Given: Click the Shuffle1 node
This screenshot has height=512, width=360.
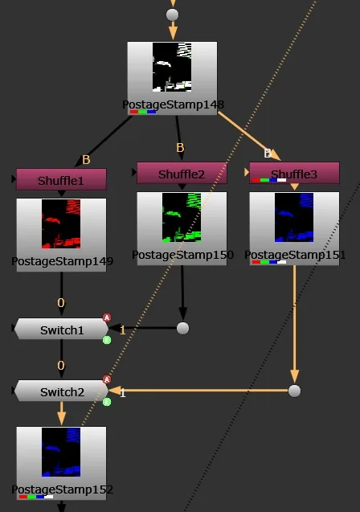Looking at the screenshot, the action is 61,179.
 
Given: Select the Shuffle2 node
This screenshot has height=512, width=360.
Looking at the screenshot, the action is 182,173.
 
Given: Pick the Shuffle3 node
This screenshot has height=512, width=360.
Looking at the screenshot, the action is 294,173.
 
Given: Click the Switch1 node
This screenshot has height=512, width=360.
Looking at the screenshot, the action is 61,329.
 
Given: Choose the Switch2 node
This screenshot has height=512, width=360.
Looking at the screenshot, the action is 61,391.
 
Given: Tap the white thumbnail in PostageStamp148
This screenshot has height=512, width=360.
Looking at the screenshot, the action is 172,67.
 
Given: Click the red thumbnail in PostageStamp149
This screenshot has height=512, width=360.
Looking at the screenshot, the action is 61,224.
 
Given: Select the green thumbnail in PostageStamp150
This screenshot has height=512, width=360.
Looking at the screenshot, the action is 182,218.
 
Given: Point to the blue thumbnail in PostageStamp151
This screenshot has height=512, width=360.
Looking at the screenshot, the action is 294,218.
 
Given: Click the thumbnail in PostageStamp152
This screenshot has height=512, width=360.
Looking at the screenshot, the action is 61,452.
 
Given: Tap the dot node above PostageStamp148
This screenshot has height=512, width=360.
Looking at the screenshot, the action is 172,14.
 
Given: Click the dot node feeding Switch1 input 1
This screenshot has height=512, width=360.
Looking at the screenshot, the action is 182,328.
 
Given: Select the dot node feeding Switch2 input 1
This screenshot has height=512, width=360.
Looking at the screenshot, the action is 294,391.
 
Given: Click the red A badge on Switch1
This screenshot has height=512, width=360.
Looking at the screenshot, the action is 107,317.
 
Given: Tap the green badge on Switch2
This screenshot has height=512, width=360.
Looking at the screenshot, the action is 107,402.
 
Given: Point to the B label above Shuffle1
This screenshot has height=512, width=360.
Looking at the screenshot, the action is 86,160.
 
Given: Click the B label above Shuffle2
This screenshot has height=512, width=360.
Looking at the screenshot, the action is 180,148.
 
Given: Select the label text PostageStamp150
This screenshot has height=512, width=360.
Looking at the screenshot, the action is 182,255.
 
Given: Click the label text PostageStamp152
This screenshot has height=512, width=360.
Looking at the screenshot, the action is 63,489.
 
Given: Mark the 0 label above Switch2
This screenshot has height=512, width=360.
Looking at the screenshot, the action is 61,365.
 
